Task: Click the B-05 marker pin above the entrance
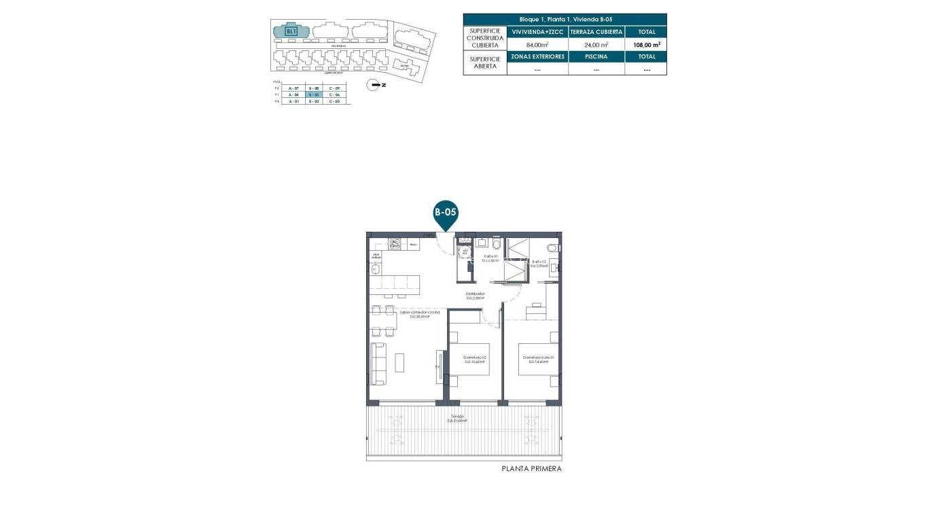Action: click(446, 213)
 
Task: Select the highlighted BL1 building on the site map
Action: click(291, 31)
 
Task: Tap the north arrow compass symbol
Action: click(372, 85)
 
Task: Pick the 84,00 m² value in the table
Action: click(537, 44)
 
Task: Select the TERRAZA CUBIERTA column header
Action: click(596, 32)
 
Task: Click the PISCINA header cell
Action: click(596, 56)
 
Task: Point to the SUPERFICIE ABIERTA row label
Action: click(485, 63)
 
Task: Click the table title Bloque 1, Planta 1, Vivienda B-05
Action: click(565, 20)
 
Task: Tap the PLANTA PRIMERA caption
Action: click(531, 468)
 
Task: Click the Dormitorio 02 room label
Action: click(475, 359)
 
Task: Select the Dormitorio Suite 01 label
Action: click(538, 359)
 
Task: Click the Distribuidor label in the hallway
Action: click(474, 296)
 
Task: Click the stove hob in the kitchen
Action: click(395, 242)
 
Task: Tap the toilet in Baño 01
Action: click(497, 243)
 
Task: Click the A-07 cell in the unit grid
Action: click(293, 88)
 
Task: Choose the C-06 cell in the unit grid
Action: click(334, 95)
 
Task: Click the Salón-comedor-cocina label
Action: click(406, 314)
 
